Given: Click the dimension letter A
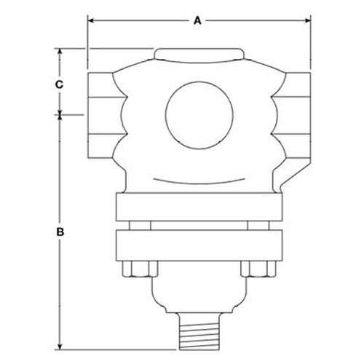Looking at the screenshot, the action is click(198, 21).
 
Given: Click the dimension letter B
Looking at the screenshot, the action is click(60, 232).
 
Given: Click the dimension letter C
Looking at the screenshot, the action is click(59, 84).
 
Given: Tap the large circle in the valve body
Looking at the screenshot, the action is click(199, 115).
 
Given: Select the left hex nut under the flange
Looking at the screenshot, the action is click(140, 269).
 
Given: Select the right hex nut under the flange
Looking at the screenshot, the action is click(258, 269).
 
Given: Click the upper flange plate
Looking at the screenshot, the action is click(199, 207).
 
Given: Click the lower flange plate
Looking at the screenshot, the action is click(199, 245).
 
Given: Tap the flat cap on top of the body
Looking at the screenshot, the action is click(199, 54).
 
